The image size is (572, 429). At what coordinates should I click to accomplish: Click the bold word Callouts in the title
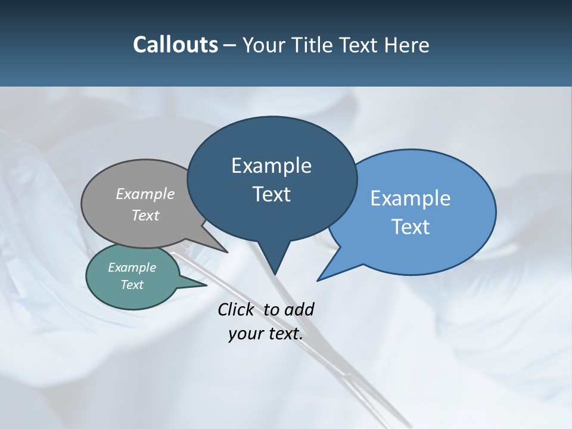[x=175, y=45]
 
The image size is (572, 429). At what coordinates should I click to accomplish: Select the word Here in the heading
[x=407, y=45]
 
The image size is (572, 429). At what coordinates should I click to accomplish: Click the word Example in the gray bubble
[x=145, y=194]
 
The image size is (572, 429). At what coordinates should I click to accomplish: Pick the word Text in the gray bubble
[x=145, y=215]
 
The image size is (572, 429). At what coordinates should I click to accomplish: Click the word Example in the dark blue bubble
[x=271, y=166]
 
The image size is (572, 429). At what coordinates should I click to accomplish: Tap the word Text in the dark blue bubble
[x=271, y=194]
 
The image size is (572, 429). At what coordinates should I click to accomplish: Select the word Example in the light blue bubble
[x=411, y=198]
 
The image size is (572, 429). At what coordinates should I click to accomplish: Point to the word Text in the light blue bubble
[x=411, y=227]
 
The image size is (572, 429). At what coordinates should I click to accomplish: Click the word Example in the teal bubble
[x=132, y=268]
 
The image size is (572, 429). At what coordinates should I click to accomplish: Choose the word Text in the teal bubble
[x=132, y=285]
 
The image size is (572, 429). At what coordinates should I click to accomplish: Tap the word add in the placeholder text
[x=299, y=309]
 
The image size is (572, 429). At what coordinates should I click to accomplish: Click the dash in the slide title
[x=230, y=45]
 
